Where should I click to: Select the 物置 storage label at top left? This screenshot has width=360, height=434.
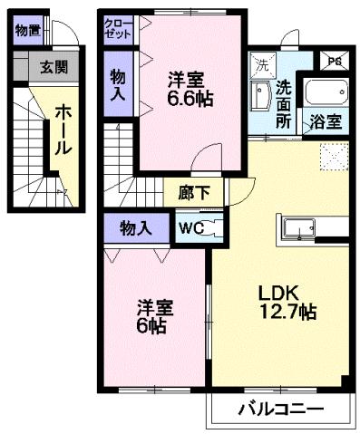pos(26,30)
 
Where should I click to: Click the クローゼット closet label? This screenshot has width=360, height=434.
pos(117,27)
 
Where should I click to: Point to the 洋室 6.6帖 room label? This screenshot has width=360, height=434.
pos(189,89)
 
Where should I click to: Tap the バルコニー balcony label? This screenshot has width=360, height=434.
pos(281,410)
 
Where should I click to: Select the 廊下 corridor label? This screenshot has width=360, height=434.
pos(193,192)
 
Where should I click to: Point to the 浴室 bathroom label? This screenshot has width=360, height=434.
pos(327,121)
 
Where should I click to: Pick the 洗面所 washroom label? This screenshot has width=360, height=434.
pos(285,103)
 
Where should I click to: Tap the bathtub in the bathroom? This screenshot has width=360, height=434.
pos(325,93)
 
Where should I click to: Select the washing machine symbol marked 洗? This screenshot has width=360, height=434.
pos(260,66)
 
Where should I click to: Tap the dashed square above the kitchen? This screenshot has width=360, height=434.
pos(333,160)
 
